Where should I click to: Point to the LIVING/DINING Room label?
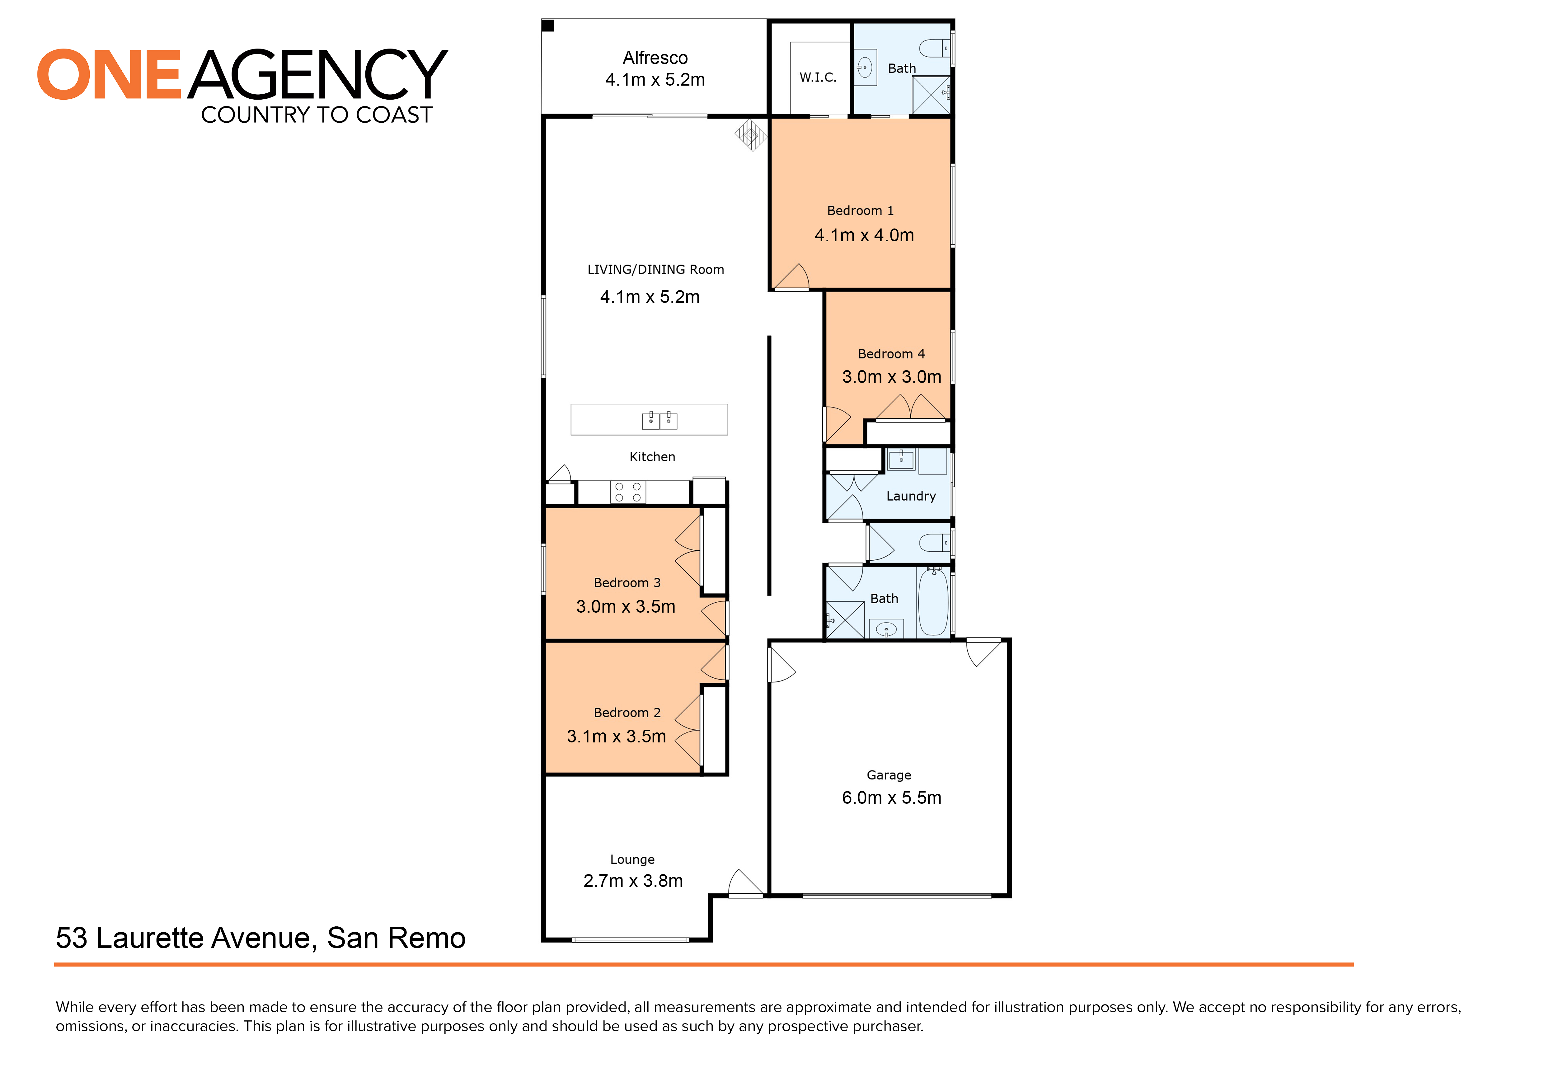[656, 270]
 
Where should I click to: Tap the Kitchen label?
[652, 457]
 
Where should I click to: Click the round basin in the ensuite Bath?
[866, 67]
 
